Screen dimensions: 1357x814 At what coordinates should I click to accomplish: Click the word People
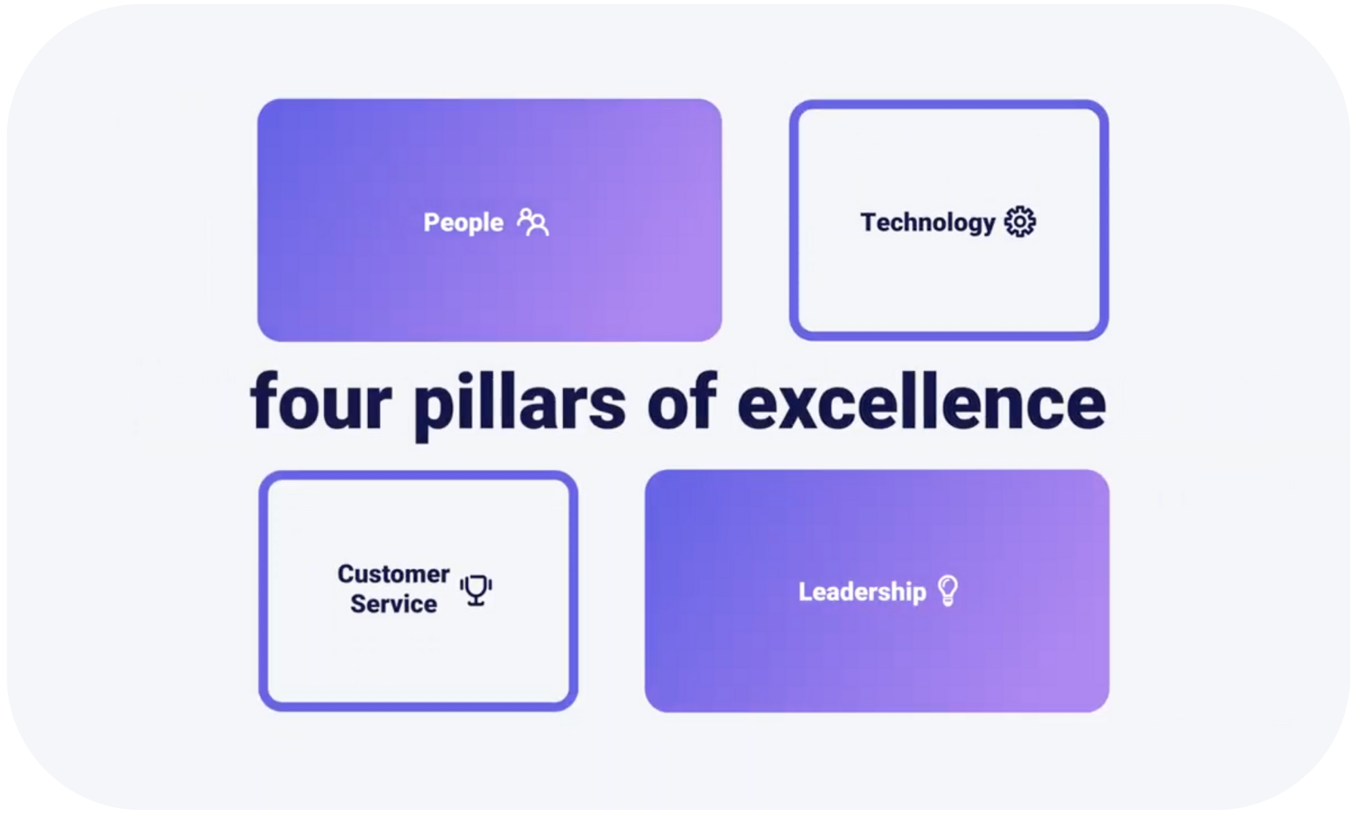click(463, 223)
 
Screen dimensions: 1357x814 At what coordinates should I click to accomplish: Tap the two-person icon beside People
click(533, 222)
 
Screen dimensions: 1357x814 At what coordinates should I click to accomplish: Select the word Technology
click(928, 223)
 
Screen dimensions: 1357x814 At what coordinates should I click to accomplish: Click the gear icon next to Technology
click(1020, 222)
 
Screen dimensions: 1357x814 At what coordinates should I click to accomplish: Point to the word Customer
click(394, 574)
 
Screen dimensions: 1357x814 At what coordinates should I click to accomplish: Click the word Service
click(394, 604)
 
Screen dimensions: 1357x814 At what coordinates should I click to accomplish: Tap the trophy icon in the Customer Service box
click(476, 590)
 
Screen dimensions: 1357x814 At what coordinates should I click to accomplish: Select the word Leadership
click(862, 592)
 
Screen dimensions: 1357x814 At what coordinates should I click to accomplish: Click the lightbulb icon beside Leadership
click(948, 591)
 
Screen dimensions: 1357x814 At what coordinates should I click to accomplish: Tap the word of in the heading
click(681, 402)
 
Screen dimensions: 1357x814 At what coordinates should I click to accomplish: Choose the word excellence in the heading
click(922, 402)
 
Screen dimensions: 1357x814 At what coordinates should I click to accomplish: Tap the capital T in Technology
click(870, 221)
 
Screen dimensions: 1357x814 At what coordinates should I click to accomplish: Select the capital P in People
click(432, 222)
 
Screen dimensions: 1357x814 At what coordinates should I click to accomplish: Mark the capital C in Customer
click(347, 574)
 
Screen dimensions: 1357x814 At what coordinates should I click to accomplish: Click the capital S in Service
click(358, 604)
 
